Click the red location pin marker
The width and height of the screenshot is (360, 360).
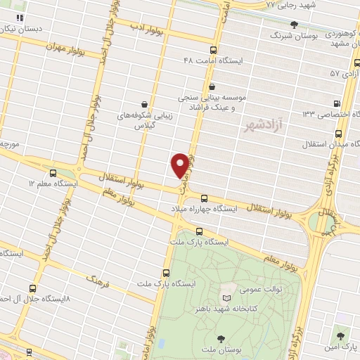coord(181,165)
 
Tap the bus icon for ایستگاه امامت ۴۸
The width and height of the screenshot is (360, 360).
coord(214,50)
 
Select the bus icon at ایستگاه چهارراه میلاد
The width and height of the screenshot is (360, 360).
coord(204,198)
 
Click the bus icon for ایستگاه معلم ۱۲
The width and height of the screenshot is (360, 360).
coord(53,173)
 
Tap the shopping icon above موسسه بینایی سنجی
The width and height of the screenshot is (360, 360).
coord(212,86)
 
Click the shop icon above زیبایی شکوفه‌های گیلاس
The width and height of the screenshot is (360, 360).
coord(144,104)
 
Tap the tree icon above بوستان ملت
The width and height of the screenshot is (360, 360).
coord(224,338)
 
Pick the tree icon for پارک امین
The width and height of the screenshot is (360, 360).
coord(340,337)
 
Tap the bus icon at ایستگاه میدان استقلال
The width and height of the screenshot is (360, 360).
coord(338,133)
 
